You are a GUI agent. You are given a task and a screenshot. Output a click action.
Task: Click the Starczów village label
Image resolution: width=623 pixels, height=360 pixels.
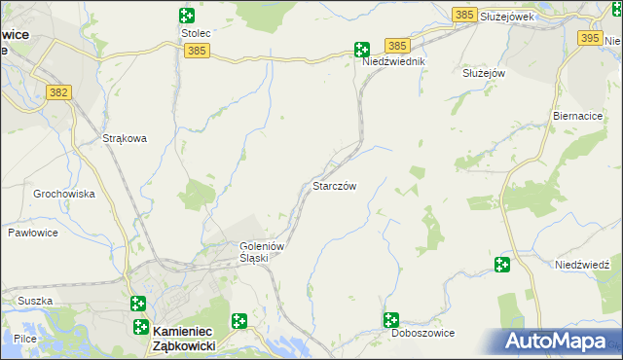tap(340, 186)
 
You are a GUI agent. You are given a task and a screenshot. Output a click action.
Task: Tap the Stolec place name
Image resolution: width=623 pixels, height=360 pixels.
tap(196, 32)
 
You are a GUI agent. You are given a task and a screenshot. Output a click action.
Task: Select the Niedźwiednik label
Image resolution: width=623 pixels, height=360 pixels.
tap(394, 60)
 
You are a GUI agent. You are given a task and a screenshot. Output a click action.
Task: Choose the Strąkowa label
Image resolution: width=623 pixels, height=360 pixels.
tap(125, 138)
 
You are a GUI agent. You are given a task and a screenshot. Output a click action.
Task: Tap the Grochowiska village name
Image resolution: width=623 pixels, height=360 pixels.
tap(64, 194)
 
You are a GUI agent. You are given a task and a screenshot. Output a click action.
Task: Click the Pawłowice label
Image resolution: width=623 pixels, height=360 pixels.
tap(34, 233)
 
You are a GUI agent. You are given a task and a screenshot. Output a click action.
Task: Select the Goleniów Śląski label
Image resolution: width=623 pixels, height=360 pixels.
tap(261, 252)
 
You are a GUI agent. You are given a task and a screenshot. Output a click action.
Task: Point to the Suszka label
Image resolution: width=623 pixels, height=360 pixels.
tap(34, 301)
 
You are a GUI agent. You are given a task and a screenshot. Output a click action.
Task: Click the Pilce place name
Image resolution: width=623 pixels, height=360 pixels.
tap(25, 338)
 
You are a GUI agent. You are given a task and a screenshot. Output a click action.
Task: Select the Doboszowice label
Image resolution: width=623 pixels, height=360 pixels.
tap(422, 333)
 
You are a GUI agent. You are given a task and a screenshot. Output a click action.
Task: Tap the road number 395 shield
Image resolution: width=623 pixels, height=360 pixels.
tap(590, 38)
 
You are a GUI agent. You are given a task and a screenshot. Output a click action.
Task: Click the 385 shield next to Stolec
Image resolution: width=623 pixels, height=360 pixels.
tap(196, 50)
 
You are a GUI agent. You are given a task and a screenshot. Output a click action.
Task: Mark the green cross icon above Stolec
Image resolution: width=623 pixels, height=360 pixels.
tap(186, 15)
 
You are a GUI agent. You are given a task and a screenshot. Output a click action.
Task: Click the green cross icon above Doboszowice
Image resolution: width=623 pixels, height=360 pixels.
tap(391, 319)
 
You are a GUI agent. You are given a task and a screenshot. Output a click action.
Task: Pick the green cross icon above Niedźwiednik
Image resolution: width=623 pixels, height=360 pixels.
tap(361, 49)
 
